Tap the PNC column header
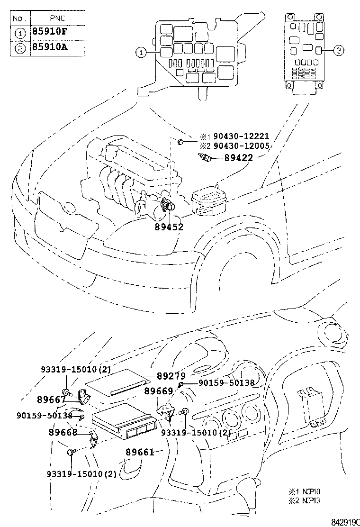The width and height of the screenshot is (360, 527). click(x=57, y=19)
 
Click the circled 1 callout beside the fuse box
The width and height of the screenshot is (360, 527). click(x=140, y=52)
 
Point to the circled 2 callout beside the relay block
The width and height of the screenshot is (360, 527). click(x=338, y=49)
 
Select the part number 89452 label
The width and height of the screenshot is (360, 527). click(x=169, y=227)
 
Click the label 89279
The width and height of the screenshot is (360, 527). click(x=171, y=376)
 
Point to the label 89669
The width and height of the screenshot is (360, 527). click(x=159, y=391)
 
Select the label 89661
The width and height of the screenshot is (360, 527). click(x=140, y=452)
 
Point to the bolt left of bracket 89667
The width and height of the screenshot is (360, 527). click(x=68, y=393)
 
